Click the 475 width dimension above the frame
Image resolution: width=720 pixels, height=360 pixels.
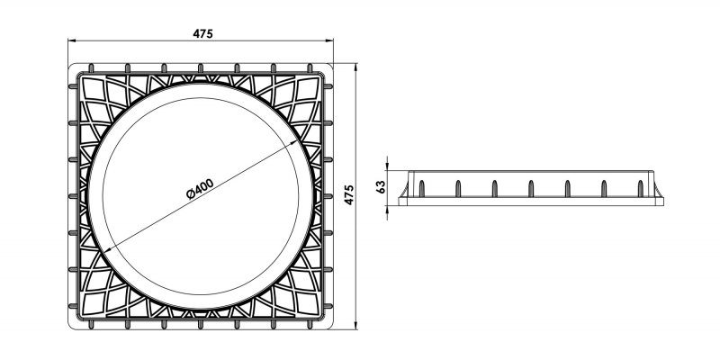pos(202,33)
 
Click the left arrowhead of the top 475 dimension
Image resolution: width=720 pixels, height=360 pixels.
pos(72,42)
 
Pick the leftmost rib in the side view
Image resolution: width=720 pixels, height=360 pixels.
pos(420,187)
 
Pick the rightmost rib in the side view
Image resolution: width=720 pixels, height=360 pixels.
pos(640,187)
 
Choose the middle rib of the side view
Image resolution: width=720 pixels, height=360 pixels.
pos(530,187)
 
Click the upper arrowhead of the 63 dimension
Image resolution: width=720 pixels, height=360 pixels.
pos(388,170)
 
